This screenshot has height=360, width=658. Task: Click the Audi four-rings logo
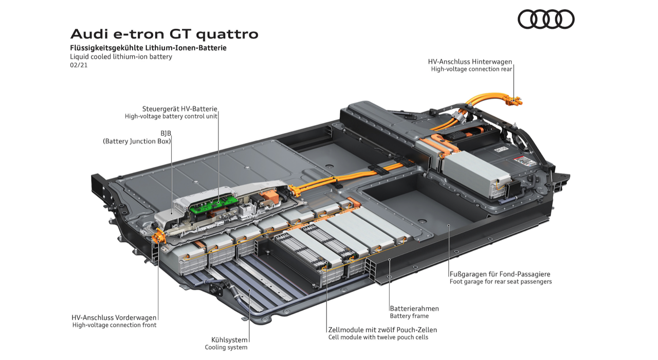tap(545, 19)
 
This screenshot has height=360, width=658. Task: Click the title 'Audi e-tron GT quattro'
tap(164, 34)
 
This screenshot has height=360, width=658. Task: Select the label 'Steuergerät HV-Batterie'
tap(179, 109)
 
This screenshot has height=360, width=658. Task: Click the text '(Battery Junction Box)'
tap(137, 141)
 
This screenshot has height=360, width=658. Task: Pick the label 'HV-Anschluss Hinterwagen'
tap(470, 62)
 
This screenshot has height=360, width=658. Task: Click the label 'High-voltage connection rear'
tap(471, 69)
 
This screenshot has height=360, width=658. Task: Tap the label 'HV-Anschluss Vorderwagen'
tap(114, 317)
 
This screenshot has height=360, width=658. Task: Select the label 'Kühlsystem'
tap(229, 339)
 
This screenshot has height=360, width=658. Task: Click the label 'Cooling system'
tap(226, 347)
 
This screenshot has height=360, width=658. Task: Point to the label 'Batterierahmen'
tap(414, 309)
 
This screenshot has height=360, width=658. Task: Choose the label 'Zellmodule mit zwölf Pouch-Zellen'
tap(382, 330)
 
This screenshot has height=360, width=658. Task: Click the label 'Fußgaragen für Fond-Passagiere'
tap(500, 274)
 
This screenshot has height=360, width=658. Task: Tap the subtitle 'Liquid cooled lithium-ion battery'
tap(121, 57)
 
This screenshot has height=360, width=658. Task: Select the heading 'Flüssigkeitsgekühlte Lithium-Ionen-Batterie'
tap(148, 48)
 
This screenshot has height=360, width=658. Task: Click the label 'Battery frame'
tap(409, 316)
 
